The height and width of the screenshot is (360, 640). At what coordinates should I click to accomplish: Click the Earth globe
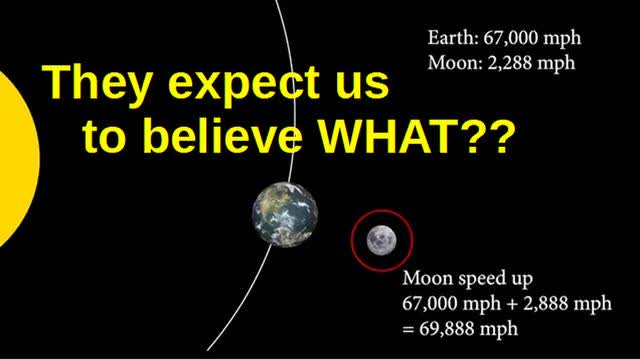click(285, 210)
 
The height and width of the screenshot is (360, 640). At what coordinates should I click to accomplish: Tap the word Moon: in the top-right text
click(452, 63)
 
